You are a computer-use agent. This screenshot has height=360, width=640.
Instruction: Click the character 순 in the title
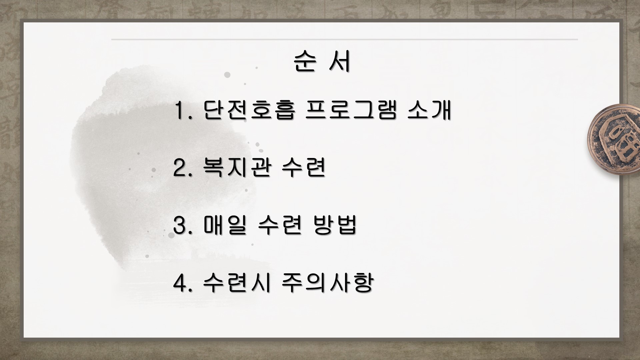coord(304,62)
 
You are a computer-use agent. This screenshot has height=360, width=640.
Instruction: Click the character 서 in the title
coord(340,62)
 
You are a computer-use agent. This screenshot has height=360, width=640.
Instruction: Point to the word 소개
coord(429,110)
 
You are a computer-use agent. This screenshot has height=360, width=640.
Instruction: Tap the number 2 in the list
coord(180,168)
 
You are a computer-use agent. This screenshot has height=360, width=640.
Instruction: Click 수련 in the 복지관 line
coord(304,168)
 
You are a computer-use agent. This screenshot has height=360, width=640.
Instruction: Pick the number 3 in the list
coord(180,225)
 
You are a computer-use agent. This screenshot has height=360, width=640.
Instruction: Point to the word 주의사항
coord(327,282)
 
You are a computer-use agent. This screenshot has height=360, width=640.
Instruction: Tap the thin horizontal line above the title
coord(344,39)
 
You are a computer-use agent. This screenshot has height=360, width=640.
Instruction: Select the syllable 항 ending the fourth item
coord(362,282)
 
